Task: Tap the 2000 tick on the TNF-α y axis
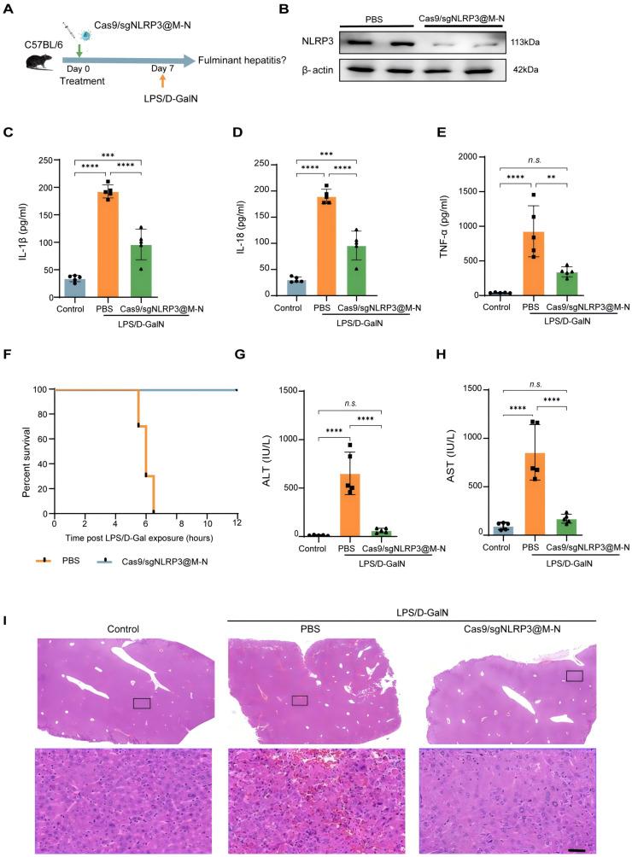[x=454, y=157]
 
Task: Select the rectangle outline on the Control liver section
[x=142, y=703]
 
